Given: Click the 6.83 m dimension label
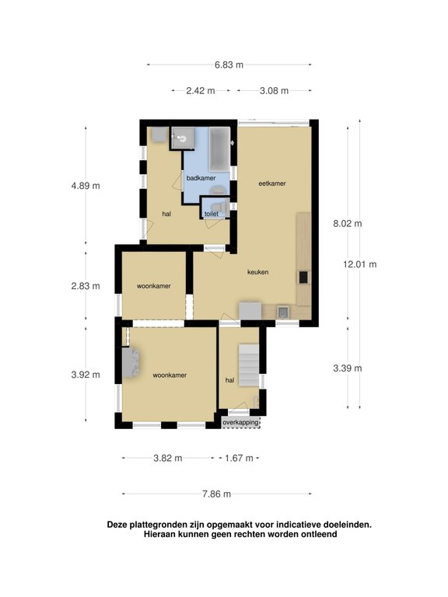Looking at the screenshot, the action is (229, 65).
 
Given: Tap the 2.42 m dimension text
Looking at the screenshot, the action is (201, 91).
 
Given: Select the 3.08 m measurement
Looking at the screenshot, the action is (274, 91).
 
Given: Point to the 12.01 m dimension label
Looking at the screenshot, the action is (359, 264).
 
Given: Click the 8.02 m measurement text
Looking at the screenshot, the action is (348, 224).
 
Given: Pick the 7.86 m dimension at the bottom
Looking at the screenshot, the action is (216, 494).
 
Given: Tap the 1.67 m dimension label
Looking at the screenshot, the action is (239, 458).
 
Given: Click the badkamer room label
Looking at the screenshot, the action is (201, 178).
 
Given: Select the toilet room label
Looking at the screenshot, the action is (212, 214).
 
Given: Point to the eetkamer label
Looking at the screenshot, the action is (272, 183).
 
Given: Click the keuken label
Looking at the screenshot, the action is (258, 272).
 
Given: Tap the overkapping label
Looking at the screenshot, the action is (241, 422).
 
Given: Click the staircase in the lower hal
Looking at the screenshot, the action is (249, 365).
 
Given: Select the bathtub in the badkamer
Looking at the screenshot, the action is (219, 149).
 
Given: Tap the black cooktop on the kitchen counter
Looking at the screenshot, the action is (303, 277).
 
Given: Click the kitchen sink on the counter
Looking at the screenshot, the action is (283, 312).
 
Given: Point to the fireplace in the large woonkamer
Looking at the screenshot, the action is (131, 362).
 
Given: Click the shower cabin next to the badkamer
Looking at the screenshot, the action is (183, 138).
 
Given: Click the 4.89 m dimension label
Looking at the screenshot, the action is (86, 186).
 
